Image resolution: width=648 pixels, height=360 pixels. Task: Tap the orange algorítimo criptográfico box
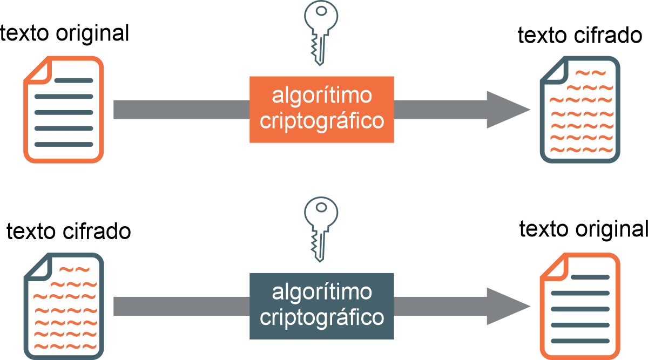(x=321, y=110)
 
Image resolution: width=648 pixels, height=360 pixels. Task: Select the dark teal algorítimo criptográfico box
(x=321, y=306)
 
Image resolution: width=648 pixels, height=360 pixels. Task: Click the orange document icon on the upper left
(x=64, y=109)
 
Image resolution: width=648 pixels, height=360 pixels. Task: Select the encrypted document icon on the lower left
(x=64, y=305)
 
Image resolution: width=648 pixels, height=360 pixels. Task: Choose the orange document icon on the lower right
(x=580, y=305)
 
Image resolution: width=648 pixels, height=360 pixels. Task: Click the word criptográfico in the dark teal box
(x=322, y=317)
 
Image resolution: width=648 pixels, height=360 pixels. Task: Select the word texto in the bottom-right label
(x=544, y=229)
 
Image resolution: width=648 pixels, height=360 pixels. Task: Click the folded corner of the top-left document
(x=38, y=69)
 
